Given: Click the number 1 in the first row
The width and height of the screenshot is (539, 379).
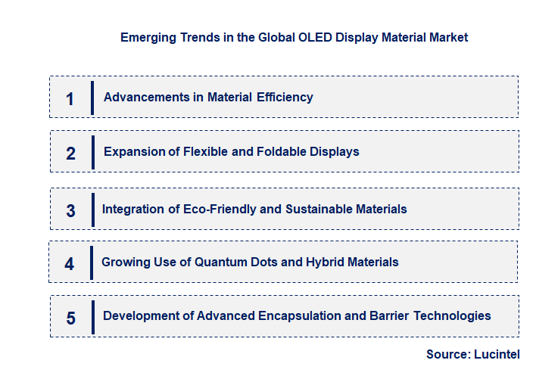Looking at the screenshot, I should [x=70, y=99].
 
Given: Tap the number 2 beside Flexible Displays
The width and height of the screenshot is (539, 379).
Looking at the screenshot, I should [x=70, y=154].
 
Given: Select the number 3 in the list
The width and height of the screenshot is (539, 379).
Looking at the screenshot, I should [x=70, y=211].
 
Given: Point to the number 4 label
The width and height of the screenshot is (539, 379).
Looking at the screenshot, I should [x=70, y=264].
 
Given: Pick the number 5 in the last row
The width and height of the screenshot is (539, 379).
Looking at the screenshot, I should [x=70, y=318].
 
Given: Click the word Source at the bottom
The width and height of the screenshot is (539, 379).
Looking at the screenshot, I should [x=448, y=354].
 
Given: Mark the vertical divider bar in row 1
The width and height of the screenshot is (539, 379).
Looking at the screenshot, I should [x=92, y=98].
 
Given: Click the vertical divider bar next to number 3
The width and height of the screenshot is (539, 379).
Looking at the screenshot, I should [x=92, y=209].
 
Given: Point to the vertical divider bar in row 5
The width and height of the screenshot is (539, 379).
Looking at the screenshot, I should [x=92, y=316].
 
